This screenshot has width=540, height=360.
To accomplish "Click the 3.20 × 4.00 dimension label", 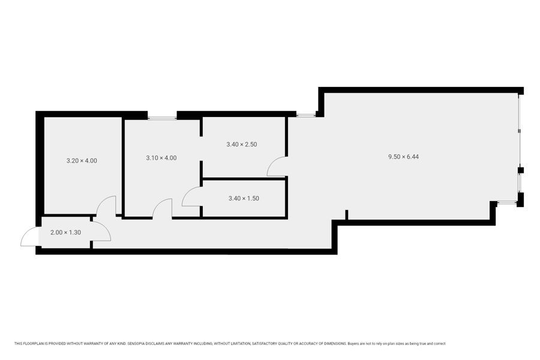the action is [x=82, y=161].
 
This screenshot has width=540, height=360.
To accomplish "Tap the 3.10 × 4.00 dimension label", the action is [x=161, y=158].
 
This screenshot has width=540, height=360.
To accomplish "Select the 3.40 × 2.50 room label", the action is [x=241, y=145].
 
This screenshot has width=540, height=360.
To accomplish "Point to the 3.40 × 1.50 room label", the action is [x=244, y=198].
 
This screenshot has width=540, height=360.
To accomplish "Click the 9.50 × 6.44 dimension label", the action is [x=403, y=157].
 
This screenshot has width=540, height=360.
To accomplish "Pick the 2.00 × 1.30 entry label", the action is [x=65, y=232].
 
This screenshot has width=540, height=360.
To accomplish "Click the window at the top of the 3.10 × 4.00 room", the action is [x=162, y=118].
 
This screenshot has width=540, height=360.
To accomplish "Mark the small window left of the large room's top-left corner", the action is [x=306, y=115].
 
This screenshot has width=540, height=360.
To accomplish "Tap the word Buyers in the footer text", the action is [x=353, y=343].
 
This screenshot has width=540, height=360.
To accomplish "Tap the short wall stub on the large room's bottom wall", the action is [x=346, y=215].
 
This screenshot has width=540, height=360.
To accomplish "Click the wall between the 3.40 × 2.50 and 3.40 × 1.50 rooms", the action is [x=244, y=179].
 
